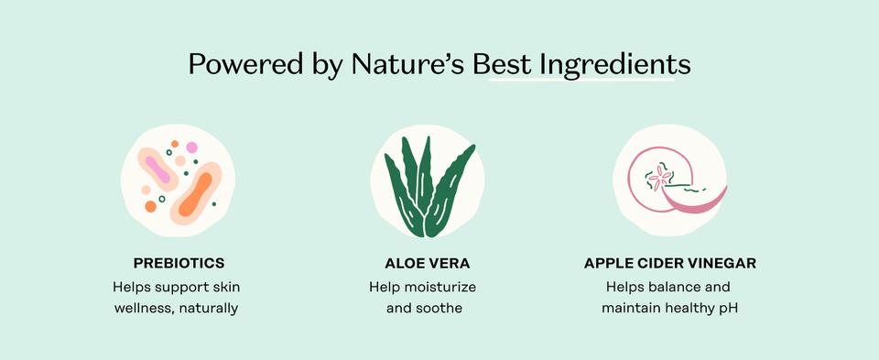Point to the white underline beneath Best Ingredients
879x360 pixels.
(582, 81)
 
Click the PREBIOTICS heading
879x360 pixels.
(179, 264)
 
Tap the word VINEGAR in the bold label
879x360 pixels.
(720, 264)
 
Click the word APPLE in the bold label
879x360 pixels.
(608, 264)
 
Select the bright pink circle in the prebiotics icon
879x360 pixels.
(192, 147)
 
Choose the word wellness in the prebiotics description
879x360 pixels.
(142, 309)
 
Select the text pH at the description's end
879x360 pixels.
(728, 309)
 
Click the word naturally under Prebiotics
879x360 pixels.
(207, 309)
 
